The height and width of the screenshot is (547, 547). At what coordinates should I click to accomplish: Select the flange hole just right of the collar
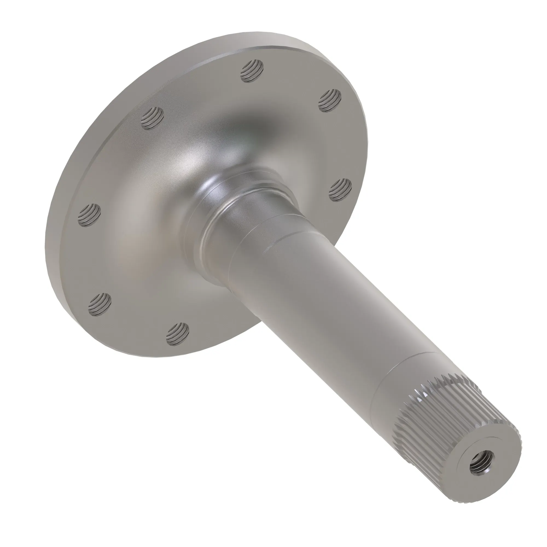coord(340,190)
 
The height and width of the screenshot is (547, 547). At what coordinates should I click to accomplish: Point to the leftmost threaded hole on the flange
coord(89,215)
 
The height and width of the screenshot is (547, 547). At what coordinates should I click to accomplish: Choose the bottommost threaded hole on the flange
coord(178,334)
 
